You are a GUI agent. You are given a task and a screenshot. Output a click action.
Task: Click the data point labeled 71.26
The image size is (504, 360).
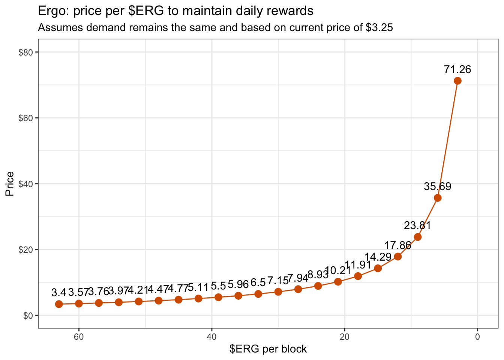tap(457, 81)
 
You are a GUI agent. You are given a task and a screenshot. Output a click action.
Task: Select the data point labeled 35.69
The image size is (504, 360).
tap(437, 198)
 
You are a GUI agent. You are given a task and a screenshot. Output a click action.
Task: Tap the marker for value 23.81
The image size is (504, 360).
tap(418, 237)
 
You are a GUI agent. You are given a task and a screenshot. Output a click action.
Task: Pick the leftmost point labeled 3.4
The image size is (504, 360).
tap(59, 304)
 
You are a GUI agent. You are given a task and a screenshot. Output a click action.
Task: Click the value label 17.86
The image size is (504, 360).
tap(398, 246)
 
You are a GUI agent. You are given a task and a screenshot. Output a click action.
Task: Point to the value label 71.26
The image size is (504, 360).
tap(457, 69)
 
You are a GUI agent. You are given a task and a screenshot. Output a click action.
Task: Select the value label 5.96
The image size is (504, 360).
tap(238, 285)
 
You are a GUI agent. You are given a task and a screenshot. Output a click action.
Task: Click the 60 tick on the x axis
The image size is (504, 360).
tap(79, 336)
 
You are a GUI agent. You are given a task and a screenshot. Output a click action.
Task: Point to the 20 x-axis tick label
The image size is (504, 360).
tap(345, 336)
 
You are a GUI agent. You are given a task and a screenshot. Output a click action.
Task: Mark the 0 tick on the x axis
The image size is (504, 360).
tap(477, 336)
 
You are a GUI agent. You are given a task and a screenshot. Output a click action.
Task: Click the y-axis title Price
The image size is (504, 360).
tap(10, 184)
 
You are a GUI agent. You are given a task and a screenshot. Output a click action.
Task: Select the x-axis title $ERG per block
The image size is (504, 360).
tap(268, 349)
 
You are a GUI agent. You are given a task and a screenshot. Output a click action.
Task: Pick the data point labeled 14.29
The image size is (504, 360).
tap(378, 268)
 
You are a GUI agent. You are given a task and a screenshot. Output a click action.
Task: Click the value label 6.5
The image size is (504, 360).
tap(258, 282)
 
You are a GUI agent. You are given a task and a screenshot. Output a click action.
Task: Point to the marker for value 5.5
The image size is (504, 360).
tap(218, 297)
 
